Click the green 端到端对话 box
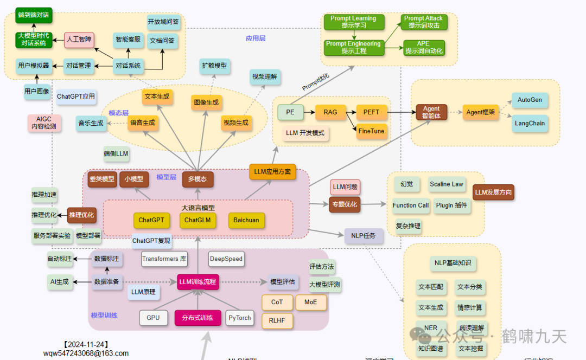pos(33,15)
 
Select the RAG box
pos(330,112)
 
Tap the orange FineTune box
pos(371,131)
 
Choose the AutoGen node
pos(530,100)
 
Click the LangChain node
pos(530,123)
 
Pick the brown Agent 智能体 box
pos(431,112)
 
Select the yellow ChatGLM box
pos(197,220)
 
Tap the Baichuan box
pos(246,220)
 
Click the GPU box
pos(153,318)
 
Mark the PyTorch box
pos(239,318)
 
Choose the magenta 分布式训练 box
pos(198,318)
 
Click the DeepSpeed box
pos(226,259)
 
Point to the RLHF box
pos(277,320)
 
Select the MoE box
pos(311,302)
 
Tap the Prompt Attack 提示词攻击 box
pos(423,22)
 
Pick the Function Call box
pos(411,205)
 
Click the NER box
pos(431,328)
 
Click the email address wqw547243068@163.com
pos(86,353)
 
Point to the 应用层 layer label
pos(256,38)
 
